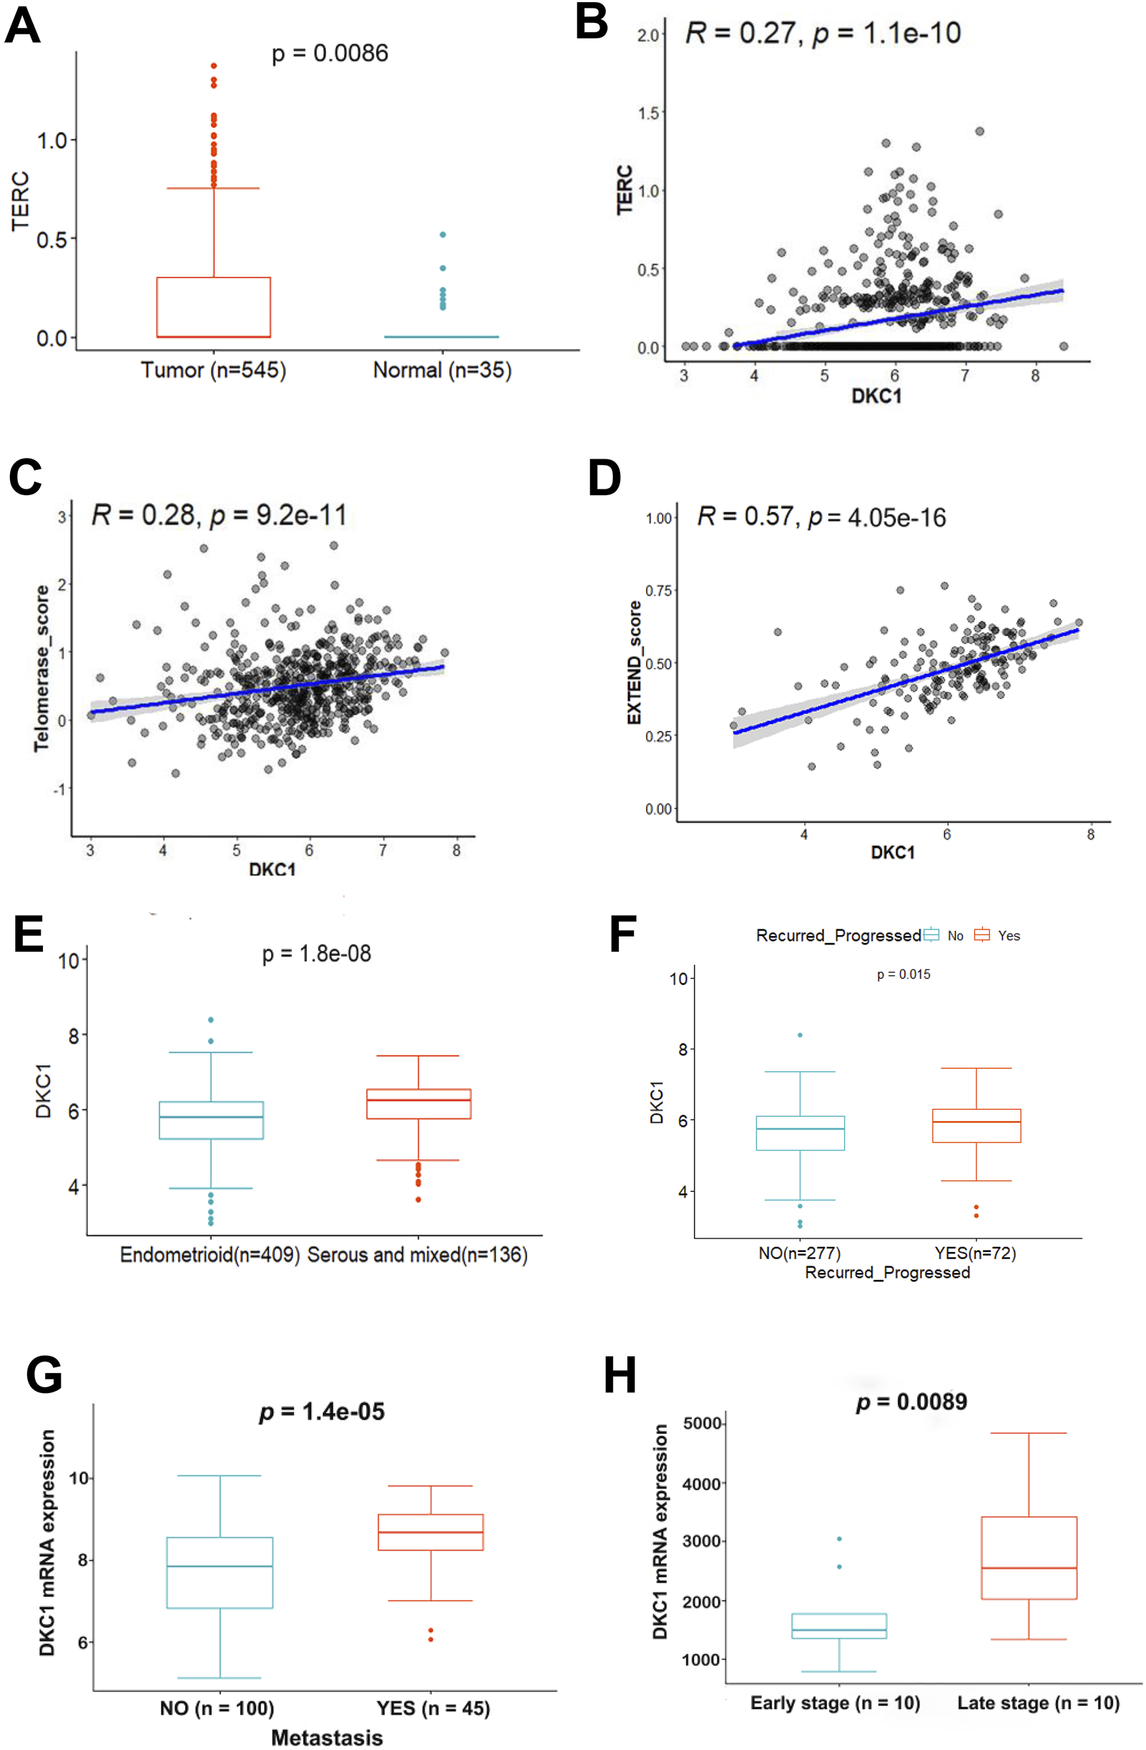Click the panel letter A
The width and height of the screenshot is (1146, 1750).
coord(22,26)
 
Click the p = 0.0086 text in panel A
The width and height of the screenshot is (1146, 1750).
coord(329,53)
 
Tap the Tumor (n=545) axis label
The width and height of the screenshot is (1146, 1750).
coord(213,369)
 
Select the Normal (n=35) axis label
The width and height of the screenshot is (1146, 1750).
coord(442,369)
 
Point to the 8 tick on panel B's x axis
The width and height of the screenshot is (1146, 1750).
coord(1034,376)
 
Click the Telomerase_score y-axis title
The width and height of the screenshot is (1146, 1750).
coord(42,668)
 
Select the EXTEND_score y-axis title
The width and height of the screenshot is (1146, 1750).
coord(634,663)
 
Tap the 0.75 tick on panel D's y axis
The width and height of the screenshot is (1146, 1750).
coord(659,590)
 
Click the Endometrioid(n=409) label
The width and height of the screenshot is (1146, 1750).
coord(210,1253)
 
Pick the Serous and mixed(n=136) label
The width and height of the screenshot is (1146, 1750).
coord(417,1253)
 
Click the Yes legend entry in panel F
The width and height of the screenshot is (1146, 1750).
coord(997,935)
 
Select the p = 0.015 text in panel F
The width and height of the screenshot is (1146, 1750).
coord(903,974)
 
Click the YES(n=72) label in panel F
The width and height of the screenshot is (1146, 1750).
coord(975,1252)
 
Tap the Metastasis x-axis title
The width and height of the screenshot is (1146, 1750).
coord(327,1737)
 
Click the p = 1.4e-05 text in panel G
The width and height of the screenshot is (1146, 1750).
coord(322,1411)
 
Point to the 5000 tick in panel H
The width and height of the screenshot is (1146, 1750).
coord(701,1423)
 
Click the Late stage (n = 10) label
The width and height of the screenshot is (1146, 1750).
coord(1038,1702)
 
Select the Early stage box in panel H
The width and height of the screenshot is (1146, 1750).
coord(838,1626)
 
